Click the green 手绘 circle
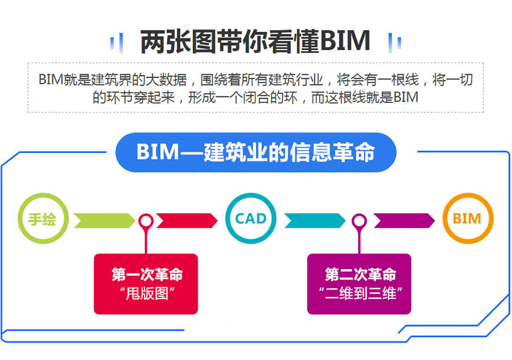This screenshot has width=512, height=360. click(x=43, y=219)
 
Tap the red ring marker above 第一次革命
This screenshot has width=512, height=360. click(x=146, y=221)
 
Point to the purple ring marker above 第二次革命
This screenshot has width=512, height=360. click(x=360, y=221)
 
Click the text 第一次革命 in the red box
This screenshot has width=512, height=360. click(x=146, y=275)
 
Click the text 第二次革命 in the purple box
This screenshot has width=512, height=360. click(x=360, y=275)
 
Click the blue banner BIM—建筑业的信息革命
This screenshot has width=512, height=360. click(x=255, y=152)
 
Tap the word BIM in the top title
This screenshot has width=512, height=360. click(x=345, y=41)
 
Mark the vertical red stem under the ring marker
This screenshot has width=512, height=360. click(x=146, y=242)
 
